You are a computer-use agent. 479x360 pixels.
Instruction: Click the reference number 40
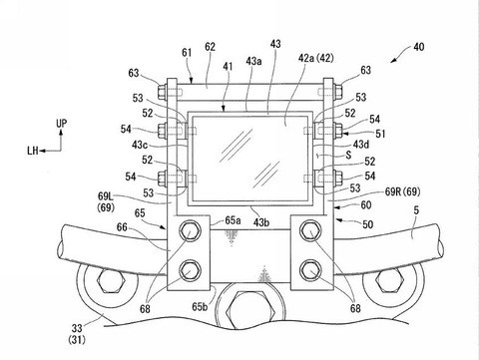(x=419, y=47)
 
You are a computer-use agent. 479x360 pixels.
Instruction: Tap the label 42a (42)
(x=315, y=58)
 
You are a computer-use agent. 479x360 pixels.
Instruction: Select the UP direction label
(x=61, y=124)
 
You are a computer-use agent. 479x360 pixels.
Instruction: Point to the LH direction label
(x=33, y=151)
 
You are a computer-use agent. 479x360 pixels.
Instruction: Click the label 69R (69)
(x=402, y=191)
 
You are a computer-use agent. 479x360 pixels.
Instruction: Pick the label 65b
(x=200, y=306)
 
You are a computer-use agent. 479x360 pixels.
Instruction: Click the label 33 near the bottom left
(x=77, y=328)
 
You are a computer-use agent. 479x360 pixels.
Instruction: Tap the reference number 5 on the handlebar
(x=416, y=210)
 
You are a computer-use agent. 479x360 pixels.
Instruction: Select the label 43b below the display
(x=260, y=222)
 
